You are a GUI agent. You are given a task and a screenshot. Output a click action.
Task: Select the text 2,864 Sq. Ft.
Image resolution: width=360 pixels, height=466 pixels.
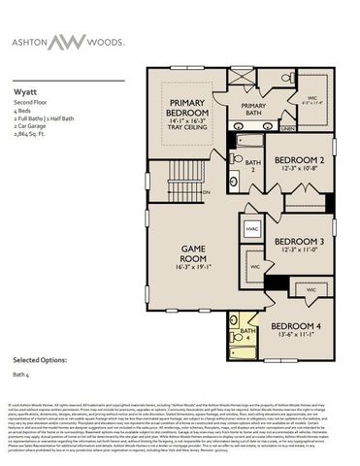tap(31, 126)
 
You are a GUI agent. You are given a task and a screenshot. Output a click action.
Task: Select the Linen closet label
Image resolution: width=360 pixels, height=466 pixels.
tap(287, 127)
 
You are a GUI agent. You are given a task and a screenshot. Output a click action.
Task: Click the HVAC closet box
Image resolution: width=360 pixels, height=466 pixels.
tap(251, 229)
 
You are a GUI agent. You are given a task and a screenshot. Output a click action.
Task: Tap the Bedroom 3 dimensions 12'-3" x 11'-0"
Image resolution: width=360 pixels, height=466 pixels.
tap(298, 250)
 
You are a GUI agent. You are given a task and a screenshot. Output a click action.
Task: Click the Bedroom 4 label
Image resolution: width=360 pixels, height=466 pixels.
tap(295, 325)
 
